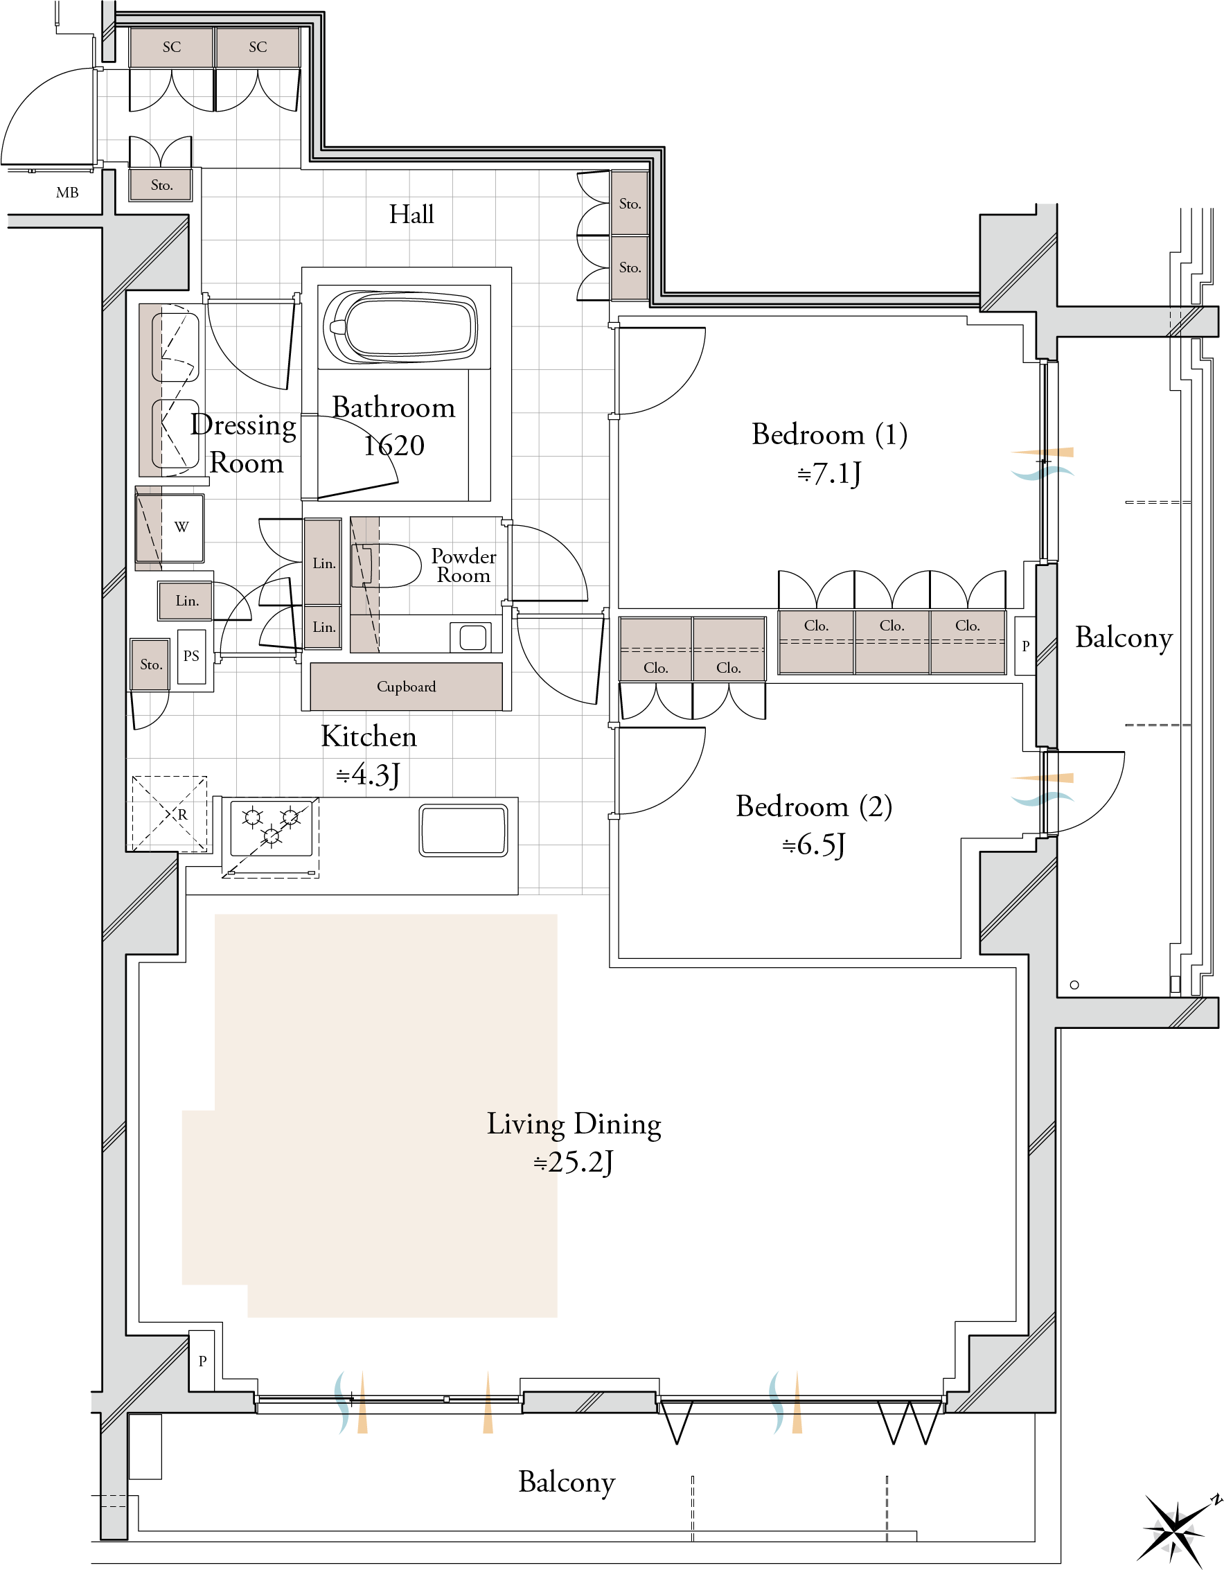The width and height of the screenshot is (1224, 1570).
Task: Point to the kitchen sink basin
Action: [x=463, y=830]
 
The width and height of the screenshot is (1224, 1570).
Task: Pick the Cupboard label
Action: [x=406, y=687]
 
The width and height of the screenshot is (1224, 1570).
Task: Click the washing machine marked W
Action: [x=170, y=528]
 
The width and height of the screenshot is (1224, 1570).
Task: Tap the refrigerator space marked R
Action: [x=170, y=814]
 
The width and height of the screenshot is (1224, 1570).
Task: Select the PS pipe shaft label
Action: [x=191, y=655]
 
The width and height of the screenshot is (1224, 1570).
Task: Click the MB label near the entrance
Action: [x=66, y=193]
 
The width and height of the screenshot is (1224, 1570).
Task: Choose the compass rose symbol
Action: [x=1177, y=1530]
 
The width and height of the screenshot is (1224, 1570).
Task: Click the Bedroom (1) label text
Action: [x=829, y=434]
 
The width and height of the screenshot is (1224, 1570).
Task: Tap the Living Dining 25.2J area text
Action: [x=574, y=1143]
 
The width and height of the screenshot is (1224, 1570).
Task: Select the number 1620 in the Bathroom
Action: [x=394, y=446]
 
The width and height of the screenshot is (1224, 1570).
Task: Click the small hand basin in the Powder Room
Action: [x=472, y=637]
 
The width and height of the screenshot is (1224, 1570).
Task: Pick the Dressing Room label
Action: [x=245, y=443]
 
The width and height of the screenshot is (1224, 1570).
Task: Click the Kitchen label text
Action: [x=369, y=737]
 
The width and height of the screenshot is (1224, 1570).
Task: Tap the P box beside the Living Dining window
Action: [x=202, y=1360]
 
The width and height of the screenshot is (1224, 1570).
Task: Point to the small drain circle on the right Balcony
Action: [x=1074, y=985]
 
